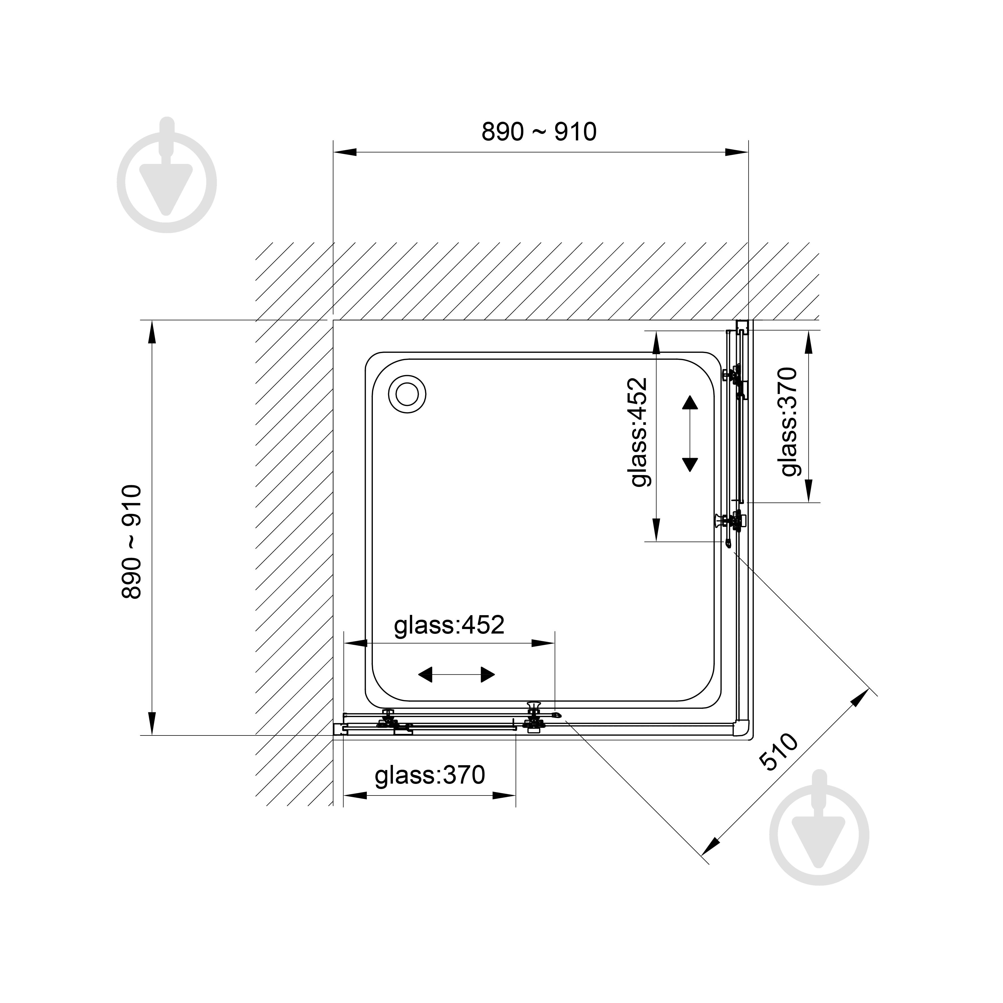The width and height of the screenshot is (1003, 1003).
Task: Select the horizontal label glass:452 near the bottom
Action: click(449, 625)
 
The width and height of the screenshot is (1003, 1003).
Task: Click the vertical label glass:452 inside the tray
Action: click(639, 432)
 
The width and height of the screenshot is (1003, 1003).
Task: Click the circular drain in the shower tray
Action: click(408, 395)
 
